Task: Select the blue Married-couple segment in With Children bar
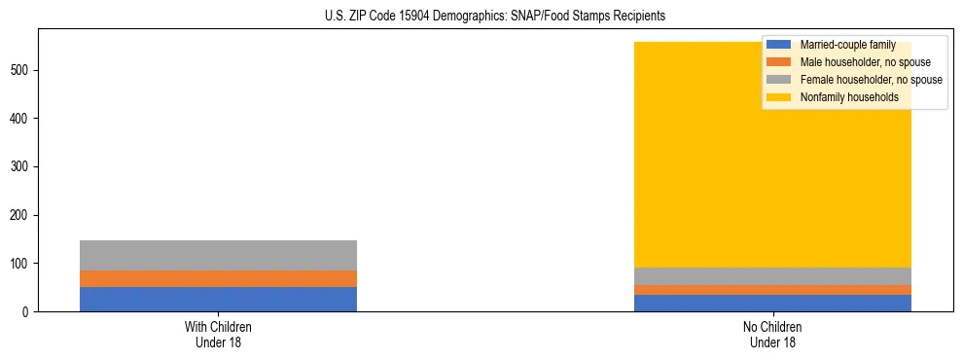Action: [218, 299]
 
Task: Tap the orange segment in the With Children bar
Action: [218, 278]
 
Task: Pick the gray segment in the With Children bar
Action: [218, 255]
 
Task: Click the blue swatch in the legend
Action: [779, 46]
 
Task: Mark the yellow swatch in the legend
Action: [779, 97]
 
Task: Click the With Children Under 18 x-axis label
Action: [218, 335]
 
